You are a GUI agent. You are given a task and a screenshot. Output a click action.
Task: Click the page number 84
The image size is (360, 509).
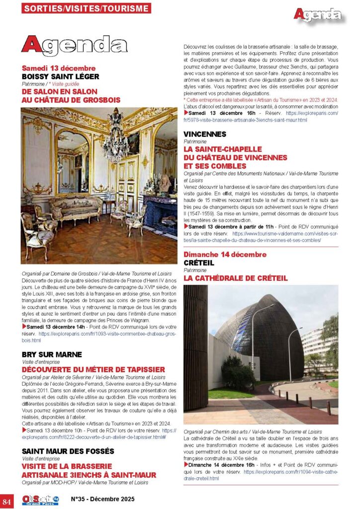click(x=7, y=499)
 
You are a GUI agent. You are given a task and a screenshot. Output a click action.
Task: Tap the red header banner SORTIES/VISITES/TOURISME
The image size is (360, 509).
click(x=87, y=8)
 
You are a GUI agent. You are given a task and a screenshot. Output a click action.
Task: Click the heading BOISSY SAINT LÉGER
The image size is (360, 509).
click(x=60, y=77)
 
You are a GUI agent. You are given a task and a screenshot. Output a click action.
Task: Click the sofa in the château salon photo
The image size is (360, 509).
click(x=74, y=205)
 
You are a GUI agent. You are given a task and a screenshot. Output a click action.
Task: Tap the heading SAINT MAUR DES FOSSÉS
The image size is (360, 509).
click(x=68, y=451)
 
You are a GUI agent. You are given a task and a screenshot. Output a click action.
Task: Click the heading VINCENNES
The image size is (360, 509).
click(x=204, y=134)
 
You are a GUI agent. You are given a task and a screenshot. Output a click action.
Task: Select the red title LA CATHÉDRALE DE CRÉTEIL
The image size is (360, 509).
click(x=235, y=278)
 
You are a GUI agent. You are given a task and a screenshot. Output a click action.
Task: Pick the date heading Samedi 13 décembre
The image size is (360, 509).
click(x=59, y=68)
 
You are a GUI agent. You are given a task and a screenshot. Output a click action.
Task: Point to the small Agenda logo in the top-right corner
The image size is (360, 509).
click(x=317, y=14)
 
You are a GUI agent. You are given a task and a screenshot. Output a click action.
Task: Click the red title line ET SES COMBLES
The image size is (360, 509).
click(x=214, y=166)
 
